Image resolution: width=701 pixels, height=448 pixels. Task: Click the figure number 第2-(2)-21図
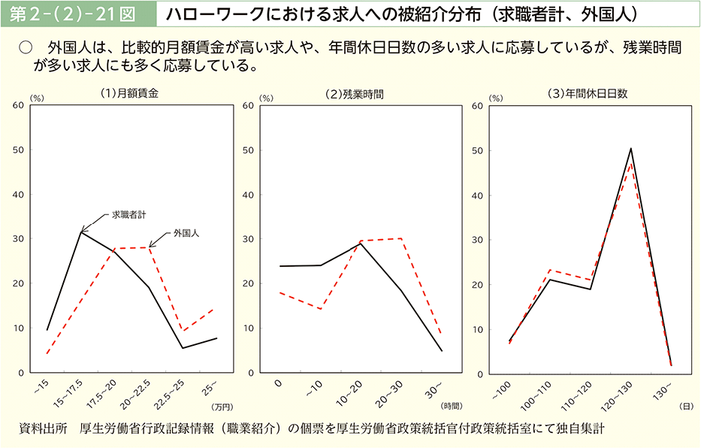click(x=77, y=14)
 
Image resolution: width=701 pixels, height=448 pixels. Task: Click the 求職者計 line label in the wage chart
click(x=128, y=215)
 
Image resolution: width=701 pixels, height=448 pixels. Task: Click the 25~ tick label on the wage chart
click(x=210, y=387)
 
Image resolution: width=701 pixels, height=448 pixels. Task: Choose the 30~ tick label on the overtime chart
click(x=434, y=388)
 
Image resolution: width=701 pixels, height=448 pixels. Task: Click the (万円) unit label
click(x=223, y=407)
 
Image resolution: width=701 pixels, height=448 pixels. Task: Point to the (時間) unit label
click(x=452, y=407)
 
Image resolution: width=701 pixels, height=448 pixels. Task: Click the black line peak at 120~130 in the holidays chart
click(x=631, y=149)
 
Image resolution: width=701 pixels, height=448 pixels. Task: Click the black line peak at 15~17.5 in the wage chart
click(x=81, y=232)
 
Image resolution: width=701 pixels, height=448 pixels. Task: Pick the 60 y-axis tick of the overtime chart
click(x=265, y=106)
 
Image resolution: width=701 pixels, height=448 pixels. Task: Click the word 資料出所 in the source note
click(x=43, y=428)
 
